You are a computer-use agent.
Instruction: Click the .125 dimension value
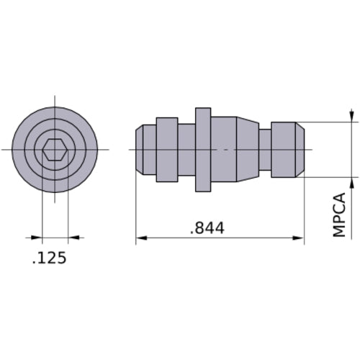(x=50, y=257)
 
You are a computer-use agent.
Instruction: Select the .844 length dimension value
(x=207, y=228)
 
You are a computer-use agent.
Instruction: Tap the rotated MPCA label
(x=339, y=215)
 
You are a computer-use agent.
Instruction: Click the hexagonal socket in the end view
(x=55, y=150)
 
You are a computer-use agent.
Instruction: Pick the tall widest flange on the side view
(x=203, y=150)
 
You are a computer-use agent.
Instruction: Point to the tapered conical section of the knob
(x=247, y=150)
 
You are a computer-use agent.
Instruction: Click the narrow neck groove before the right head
(x=265, y=150)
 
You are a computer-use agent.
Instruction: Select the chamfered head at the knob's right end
(x=287, y=150)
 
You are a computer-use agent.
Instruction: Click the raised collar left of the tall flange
(x=167, y=150)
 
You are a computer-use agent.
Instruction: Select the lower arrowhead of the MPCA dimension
(x=351, y=182)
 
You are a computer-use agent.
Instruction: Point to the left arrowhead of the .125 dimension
(x=37, y=237)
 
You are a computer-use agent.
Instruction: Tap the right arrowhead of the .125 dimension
(x=73, y=237)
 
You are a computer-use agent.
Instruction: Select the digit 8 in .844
(x=199, y=228)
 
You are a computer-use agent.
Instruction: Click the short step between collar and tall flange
(x=186, y=150)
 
